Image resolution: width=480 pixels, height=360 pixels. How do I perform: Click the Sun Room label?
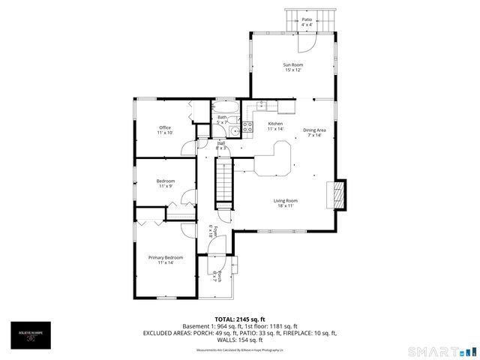pyautogui.click(x=292, y=65)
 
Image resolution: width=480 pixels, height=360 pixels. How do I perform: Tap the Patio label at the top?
pyautogui.click(x=307, y=19)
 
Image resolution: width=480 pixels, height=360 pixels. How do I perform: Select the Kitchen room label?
pyautogui.click(x=275, y=123)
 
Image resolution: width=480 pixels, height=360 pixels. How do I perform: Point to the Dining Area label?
pyautogui.click(x=314, y=130)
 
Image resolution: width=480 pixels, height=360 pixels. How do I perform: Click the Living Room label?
pyautogui.click(x=285, y=200)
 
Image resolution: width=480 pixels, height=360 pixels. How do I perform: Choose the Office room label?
pyautogui.click(x=165, y=127)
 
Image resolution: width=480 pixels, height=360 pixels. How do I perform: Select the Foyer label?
pyautogui.click(x=213, y=231)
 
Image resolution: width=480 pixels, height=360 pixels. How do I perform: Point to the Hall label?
pyautogui.click(x=220, y=144)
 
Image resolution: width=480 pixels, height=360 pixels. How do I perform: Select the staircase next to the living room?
pyautogui.click(x=225, y=184)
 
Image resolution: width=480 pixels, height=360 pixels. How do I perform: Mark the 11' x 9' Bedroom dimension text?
pyautogui.click(x=165, y=186)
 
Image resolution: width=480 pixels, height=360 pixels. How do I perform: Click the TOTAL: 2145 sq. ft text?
pyautogui.click(x=240, y=319)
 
